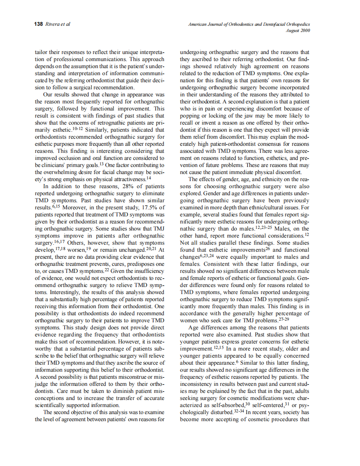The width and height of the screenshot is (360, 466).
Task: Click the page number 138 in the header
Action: coord(38,24)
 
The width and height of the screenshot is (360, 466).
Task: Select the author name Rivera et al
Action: coord(58,24)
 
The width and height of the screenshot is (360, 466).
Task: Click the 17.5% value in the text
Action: coord(147,207)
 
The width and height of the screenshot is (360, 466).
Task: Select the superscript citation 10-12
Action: coord(78,128)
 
